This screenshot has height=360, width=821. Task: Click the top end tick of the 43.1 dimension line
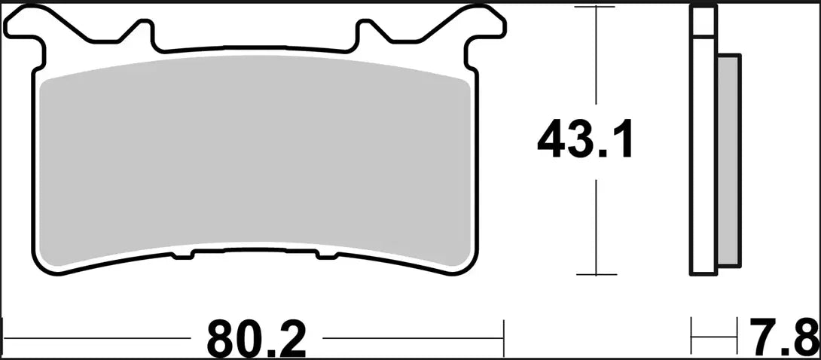[x=597, y=8]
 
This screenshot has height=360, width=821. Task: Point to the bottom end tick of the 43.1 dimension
[x=597, y=275]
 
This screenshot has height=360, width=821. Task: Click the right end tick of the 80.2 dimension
[x=503, y=330]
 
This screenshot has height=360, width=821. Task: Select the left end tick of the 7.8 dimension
[x=692, y=330]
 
